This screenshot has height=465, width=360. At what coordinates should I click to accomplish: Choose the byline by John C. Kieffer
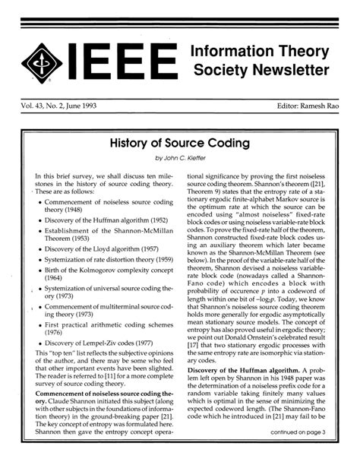coord(180,158)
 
